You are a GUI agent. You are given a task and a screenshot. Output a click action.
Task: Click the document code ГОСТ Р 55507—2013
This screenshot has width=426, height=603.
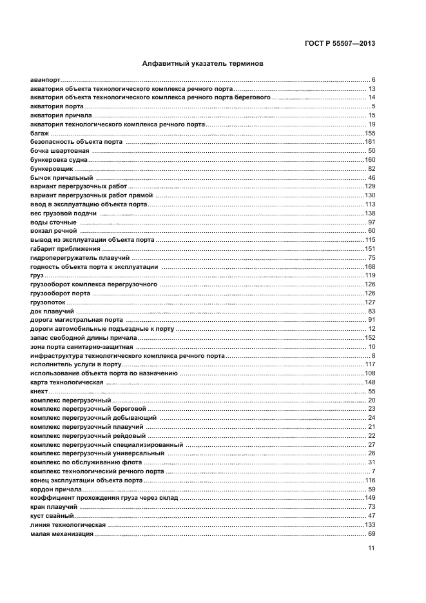(x=340, y=44)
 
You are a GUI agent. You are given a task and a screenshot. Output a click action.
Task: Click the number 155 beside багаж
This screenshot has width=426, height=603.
(x=370, y=133)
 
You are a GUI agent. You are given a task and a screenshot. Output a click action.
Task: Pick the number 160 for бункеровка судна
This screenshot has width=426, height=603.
(x=370, y=159)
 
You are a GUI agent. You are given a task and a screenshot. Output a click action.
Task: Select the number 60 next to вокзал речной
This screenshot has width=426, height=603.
(x=372, y=231)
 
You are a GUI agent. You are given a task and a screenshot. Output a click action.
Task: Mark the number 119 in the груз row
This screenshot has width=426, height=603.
(x=370, y=275)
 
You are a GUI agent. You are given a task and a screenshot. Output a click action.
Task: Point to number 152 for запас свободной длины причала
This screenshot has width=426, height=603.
(x=370, y=337)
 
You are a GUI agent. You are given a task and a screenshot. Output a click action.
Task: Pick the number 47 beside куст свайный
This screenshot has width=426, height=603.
(x=372, y=516)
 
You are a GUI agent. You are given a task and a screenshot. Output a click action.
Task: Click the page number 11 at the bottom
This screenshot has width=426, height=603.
(x=371, y=549)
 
